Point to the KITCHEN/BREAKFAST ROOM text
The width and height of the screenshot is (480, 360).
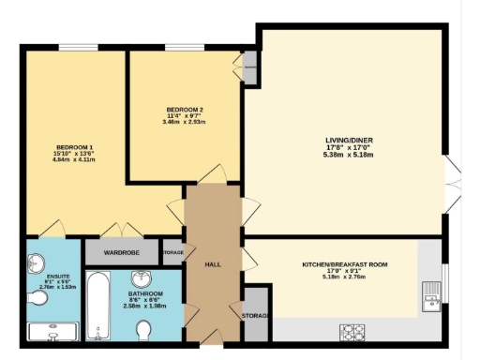344,265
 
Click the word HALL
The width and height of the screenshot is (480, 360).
213,265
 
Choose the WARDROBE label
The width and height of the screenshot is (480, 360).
122,252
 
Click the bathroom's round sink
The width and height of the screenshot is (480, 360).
142,279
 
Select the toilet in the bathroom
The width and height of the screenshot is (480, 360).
143,330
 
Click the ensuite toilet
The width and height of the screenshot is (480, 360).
37,298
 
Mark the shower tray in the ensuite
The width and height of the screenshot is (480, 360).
52,331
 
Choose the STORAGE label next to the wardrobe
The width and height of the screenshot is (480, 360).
172,252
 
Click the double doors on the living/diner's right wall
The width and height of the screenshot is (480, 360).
454,180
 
